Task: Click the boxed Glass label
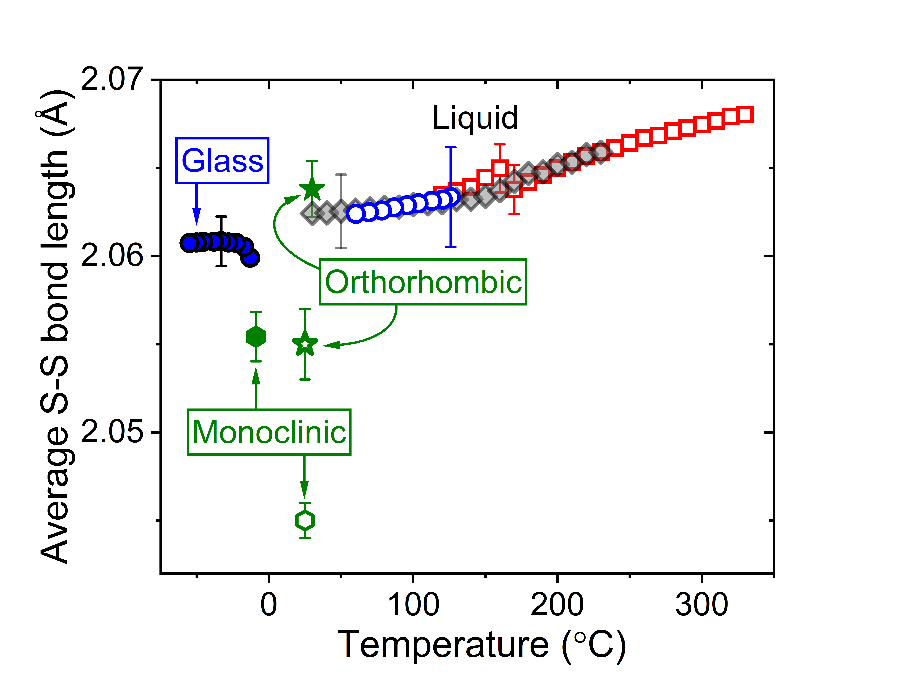click(222, 161)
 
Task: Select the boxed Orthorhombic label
click(423, 282)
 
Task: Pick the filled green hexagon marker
click(256, 337)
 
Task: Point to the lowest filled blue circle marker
click(250, 258)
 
